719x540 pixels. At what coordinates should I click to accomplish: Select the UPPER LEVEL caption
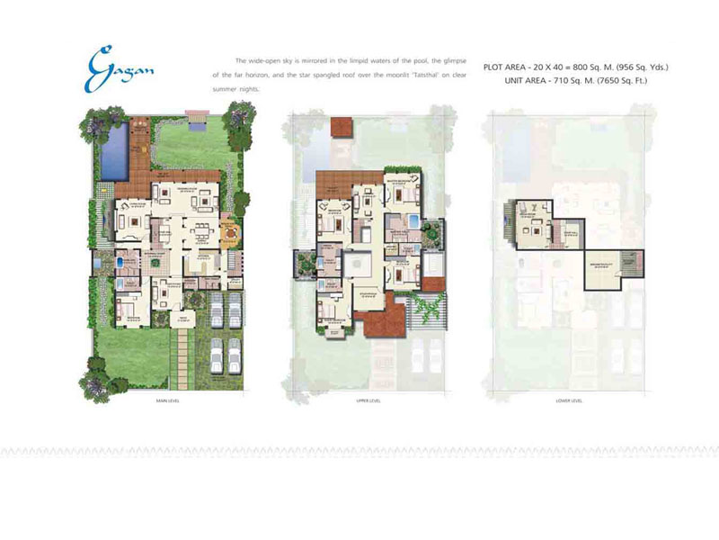tap(369, 399)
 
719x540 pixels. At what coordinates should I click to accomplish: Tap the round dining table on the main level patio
tap(228, 233)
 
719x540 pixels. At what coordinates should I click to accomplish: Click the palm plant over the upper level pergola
tap(423, 310)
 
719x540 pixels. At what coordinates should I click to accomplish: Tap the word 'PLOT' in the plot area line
tap(493, 67)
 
